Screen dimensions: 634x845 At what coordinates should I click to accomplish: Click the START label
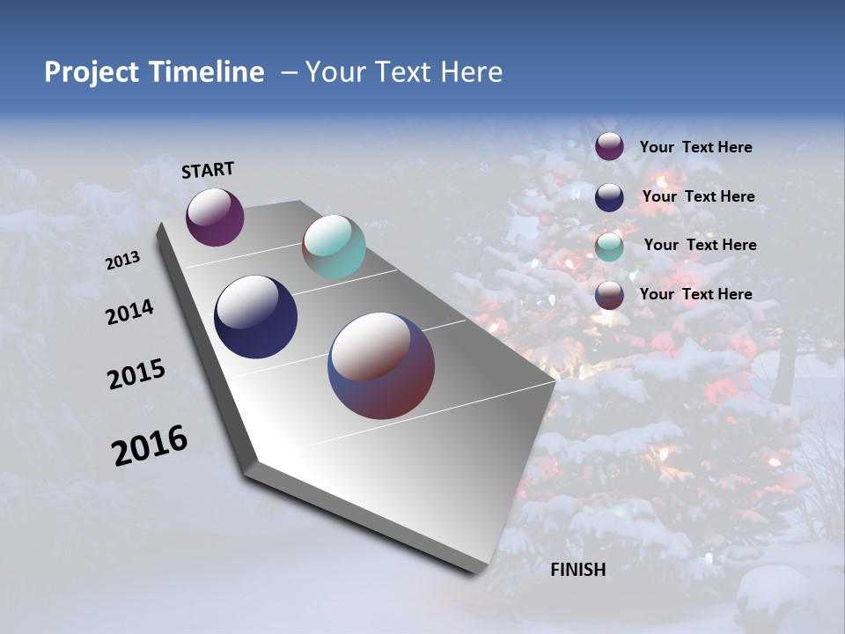click(208, 170)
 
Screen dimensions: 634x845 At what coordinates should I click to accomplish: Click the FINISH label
click(577, 570)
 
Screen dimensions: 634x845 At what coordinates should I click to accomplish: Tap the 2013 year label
click(123, 261)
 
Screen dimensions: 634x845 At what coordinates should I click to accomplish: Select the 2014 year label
click(130, 313)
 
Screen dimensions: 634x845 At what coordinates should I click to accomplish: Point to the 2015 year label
click(136, 374)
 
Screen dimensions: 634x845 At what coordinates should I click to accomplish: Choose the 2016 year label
click(150, 446)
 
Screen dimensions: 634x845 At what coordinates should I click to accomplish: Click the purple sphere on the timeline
click(215, 217)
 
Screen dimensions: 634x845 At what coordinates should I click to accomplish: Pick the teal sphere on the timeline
click(334, 247)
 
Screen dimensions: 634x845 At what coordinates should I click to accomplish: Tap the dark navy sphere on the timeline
click(255, 317)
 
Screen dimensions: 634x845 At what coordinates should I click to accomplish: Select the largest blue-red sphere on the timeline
click(381, 365)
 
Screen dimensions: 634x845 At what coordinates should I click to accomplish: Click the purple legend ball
click(609, 146)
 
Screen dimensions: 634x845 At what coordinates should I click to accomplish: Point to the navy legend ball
click(609, 196)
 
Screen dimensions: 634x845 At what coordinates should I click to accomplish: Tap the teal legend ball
click(609, 246)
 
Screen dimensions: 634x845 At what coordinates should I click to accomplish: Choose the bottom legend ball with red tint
click(609, 294)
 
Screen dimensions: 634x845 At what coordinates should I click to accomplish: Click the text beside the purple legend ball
click(695, 147)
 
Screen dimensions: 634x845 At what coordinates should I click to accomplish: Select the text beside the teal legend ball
click(700, 245)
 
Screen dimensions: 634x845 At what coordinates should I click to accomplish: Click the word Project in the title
click(91, 72)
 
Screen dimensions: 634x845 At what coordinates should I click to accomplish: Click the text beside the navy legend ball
click(698, 196)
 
